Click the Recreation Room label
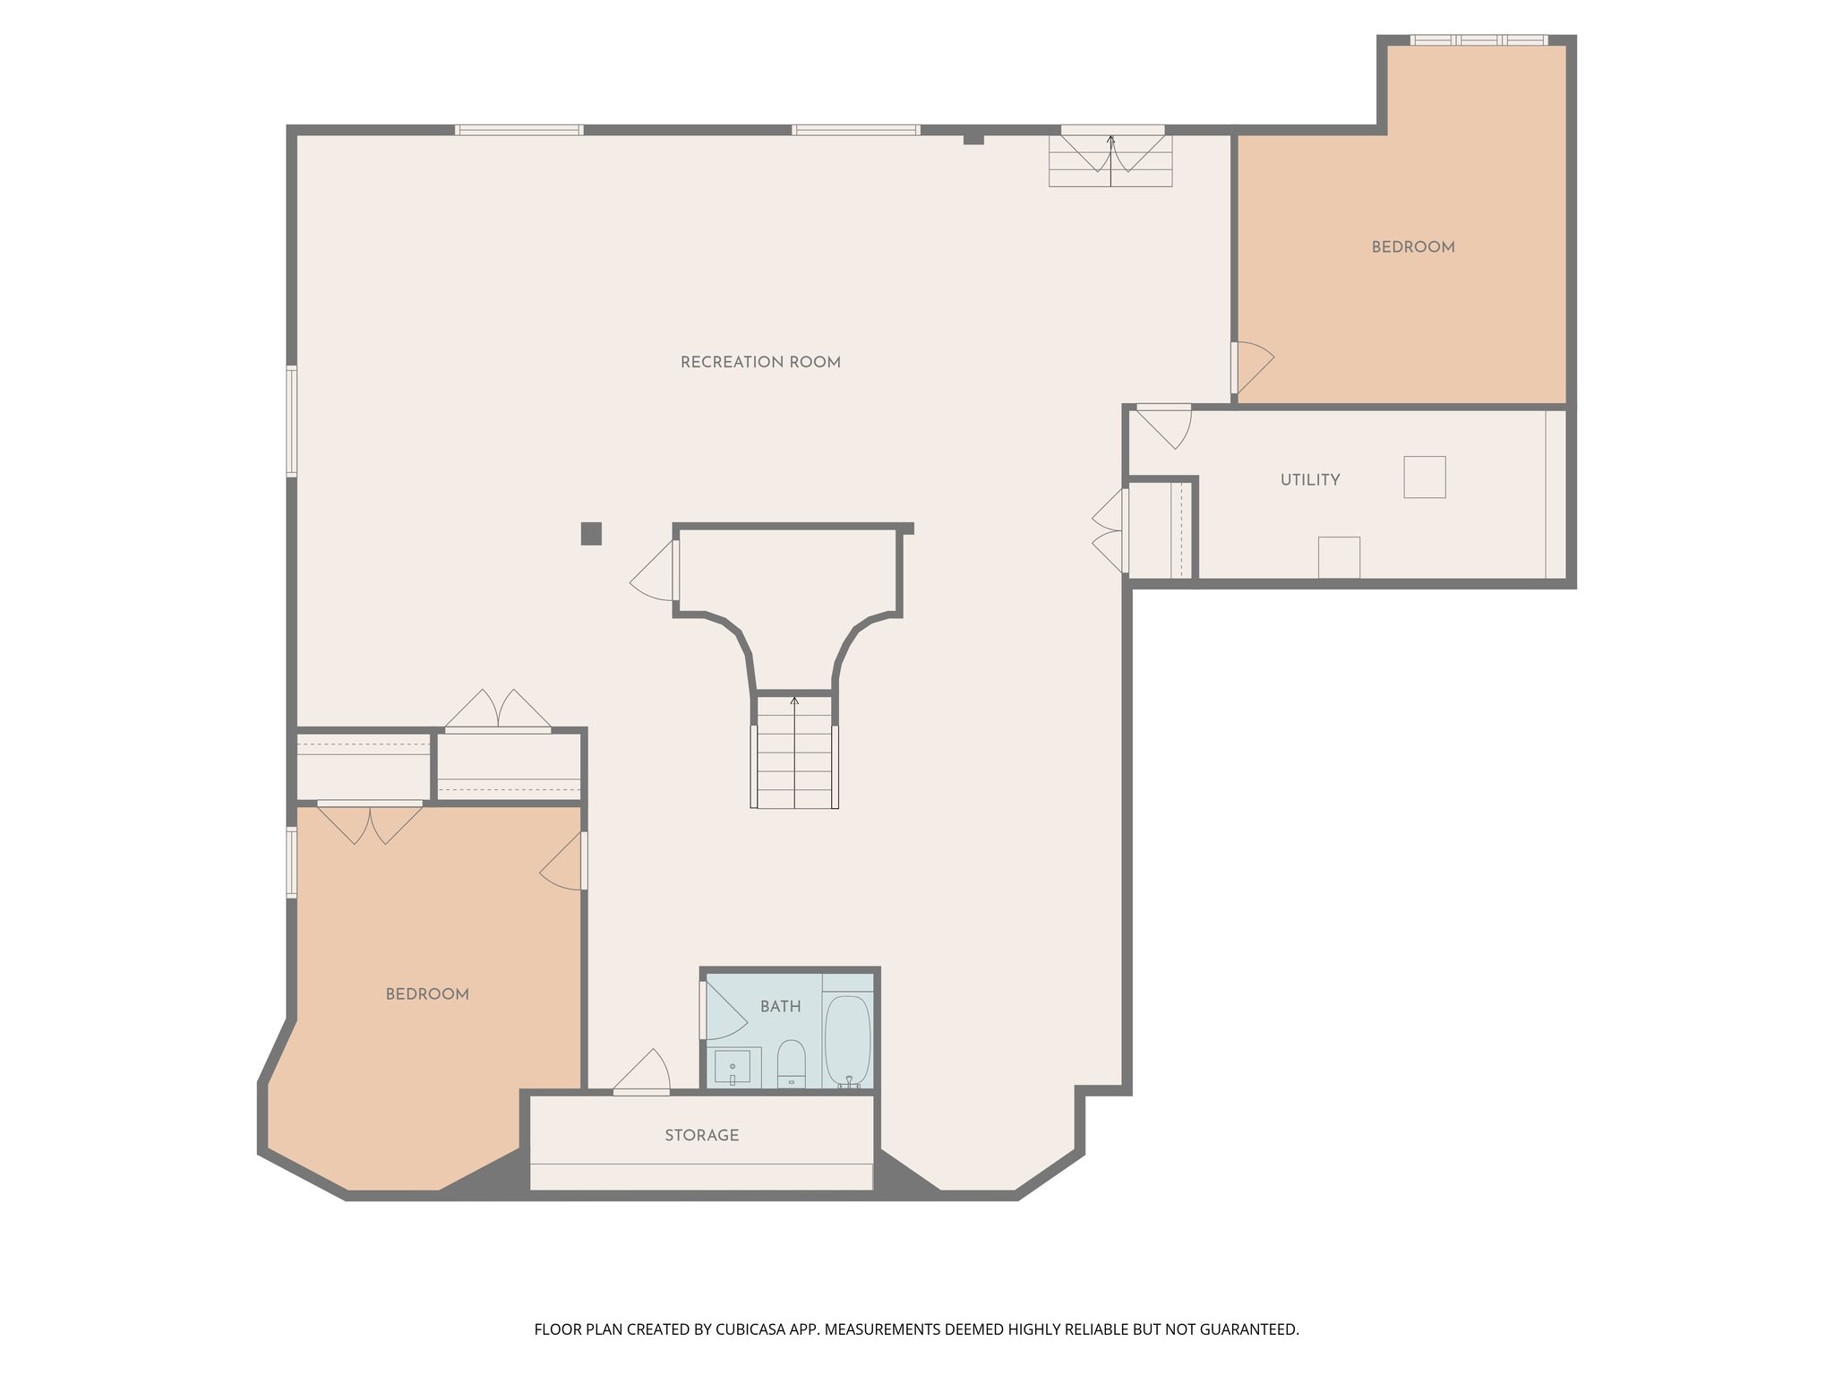[x=760, y=363]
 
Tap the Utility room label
[x=1309, y=480]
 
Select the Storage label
[x=701, y=1135]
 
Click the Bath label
[x=780, y=1007]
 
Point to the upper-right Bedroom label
[x=1412, y=247]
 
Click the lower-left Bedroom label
[x=427, y=994]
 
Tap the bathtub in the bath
[x=847, y=1039]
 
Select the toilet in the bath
[x=791, y=1062]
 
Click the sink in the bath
[x=733, y=1067]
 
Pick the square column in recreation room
[x=591, y=534]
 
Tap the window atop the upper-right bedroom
[x=1478, y=40]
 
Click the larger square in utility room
[x=1424, y=477]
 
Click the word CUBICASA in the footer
[x=750, y=1329]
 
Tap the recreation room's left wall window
[x=292, y=421]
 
